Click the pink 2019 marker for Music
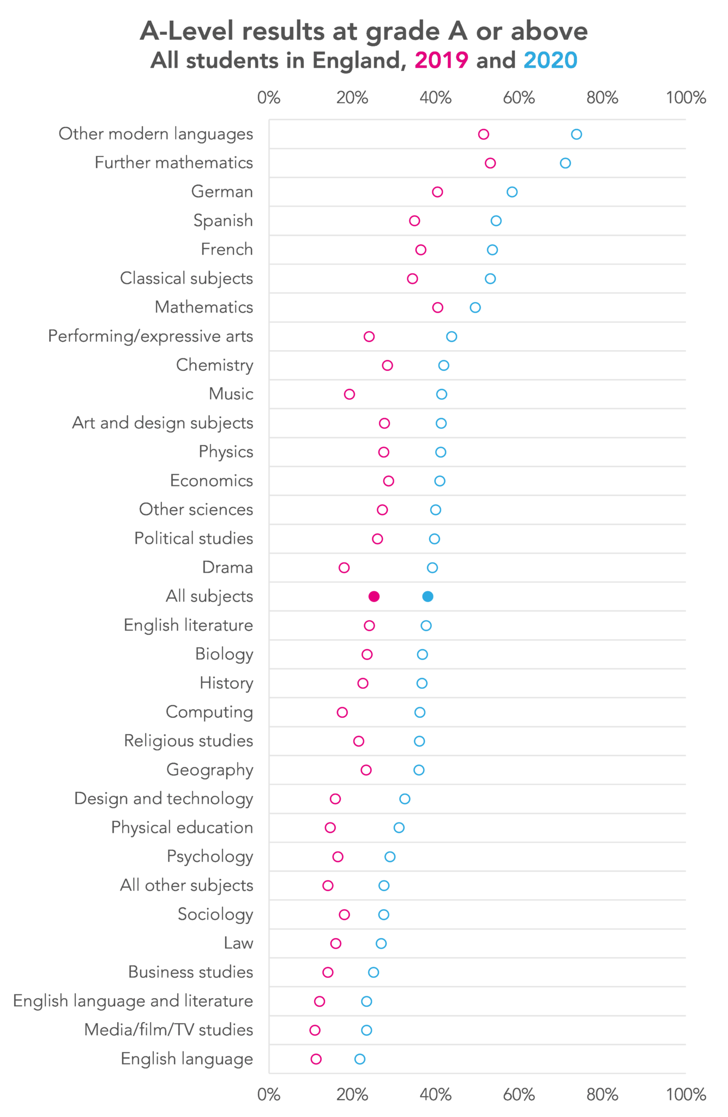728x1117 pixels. click(350, 394)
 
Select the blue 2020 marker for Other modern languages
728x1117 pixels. click(576, 135)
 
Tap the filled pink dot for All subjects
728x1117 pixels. click(374, 596)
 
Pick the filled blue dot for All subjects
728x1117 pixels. click(428, 596)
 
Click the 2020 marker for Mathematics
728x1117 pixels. click(476, 308)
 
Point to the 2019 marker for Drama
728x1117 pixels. click(344, 568)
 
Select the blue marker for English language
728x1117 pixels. click(360, 1059)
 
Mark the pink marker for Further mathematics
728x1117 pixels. click(490, 163)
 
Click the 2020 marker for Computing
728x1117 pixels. click(420, 712)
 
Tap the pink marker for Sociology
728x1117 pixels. click(344, 915)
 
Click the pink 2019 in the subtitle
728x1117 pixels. click(441, 61)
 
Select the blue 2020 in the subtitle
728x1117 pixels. click(550, 61)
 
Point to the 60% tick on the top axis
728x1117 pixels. click(519, 98)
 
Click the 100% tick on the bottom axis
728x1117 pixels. click(686, 1094)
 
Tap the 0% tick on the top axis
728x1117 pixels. click(269, 98)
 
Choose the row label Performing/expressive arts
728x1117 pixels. click(151, 336)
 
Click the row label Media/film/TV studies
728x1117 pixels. click(169, 1030)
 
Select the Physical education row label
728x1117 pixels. click(182, 827)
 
